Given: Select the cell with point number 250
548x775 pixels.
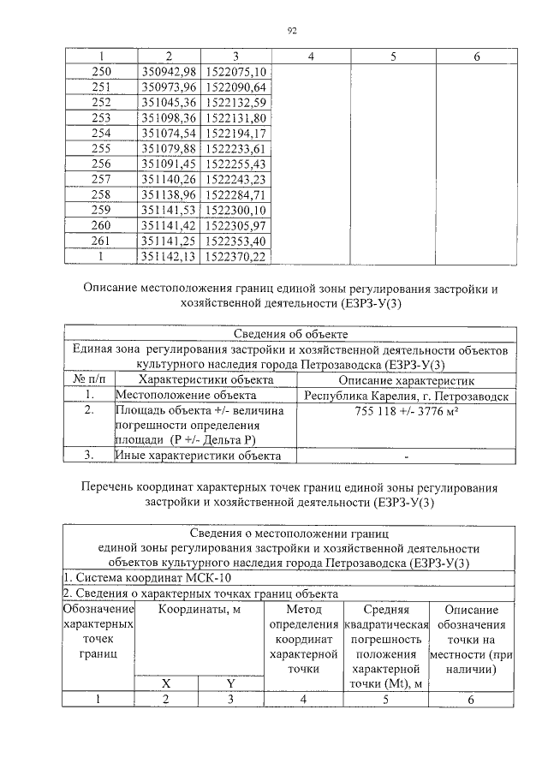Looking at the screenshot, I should [101, 71].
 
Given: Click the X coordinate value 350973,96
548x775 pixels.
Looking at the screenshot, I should [168, 86].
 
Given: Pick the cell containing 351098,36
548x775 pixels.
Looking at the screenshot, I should [168, 117].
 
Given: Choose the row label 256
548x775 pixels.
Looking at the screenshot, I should [101, 164].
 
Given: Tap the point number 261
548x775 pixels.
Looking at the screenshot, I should [101, 241].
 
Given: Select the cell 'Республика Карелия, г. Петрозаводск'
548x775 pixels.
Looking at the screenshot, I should [406, 396].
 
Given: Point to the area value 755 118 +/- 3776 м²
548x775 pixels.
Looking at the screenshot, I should [406, 412].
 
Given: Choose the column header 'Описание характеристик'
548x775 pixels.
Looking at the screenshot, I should [406, 380].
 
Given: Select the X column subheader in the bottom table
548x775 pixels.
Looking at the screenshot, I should [167, 683].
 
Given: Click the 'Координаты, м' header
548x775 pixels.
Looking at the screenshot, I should [199, 610].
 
